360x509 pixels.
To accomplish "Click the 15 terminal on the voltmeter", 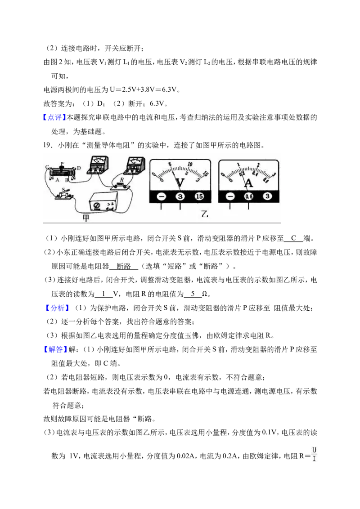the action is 199,196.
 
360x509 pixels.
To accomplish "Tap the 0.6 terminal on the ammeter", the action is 248,196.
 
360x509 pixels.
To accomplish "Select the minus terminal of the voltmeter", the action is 161,196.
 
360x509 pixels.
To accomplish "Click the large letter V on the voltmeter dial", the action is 180,183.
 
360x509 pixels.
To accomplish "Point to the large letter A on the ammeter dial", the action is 248,183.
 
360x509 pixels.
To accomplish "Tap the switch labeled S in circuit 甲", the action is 64,194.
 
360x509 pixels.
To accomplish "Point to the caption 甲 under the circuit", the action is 86,218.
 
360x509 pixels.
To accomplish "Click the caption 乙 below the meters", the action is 205,214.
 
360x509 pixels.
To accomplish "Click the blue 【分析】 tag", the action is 57,308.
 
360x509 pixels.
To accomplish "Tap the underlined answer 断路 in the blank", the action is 123,267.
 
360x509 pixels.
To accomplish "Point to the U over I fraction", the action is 314,455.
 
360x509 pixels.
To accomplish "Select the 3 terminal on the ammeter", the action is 267,196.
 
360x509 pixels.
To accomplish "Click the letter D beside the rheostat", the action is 79,168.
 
